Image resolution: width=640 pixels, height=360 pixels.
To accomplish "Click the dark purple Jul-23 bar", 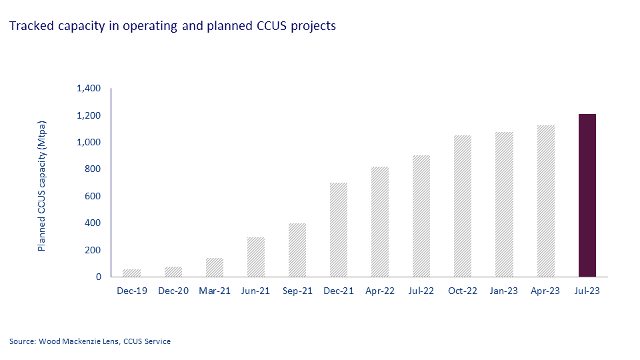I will (x=587, y=195).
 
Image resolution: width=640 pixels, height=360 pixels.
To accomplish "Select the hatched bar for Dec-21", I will (x=339, y=229).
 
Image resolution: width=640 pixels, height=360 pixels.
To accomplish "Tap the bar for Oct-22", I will (x=463, y=206).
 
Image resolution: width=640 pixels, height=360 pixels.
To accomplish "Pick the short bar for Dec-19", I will (x=132, y=273).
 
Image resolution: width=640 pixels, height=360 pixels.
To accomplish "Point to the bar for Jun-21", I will (x=256, y=257).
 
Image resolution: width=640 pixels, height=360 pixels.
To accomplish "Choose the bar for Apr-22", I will (x=380, y=221).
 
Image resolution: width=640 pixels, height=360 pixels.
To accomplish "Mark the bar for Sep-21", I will (x=297, y=250).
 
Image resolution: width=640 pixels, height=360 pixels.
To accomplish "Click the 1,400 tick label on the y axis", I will (x=89, y=89).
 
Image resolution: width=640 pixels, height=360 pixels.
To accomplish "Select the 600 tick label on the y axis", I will (x=93, y=196).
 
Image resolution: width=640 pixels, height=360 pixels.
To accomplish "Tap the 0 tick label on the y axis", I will (x=98, y=277).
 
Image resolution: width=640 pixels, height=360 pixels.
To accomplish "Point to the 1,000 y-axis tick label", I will (x=89, y=143).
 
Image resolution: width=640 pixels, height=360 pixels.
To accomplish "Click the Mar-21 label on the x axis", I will (x=215, y=291).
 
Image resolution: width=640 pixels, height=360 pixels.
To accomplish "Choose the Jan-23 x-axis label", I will (x=504, y=291).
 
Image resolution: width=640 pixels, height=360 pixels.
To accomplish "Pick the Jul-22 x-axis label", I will (x=421, y=291).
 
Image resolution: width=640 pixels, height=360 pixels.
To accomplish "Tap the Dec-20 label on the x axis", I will (x=173, y=291).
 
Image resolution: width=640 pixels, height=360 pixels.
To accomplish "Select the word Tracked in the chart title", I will (x=27, y=27).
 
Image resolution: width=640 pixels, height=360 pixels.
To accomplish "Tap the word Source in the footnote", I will (x=21, y=341).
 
